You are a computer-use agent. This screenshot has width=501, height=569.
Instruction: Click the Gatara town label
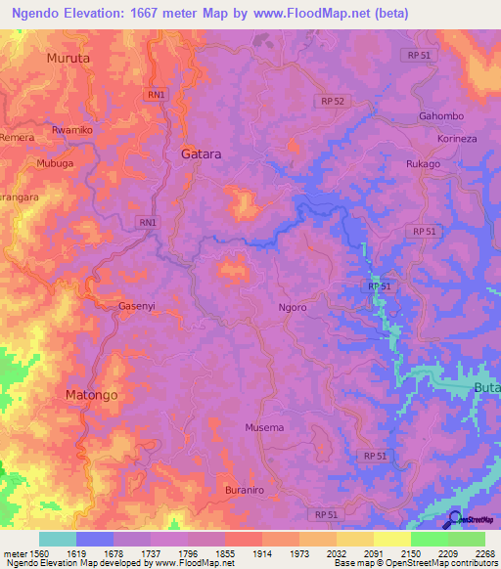[x=202, y=154]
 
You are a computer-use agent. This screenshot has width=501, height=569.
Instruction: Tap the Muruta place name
[x=68, y=59]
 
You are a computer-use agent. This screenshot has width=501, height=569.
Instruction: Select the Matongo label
[x=91, y=395]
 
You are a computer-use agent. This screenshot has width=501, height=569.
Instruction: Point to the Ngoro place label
[x=292, y=307]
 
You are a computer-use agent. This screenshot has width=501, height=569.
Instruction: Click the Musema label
[x=263, y=428]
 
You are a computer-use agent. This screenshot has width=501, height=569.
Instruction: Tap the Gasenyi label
[x=137, y=306]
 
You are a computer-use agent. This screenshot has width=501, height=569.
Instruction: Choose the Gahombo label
[x=440, y=116]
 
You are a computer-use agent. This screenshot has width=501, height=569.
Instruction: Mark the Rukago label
[x=423, y=164]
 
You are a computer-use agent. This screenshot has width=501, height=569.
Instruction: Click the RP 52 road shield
[x=333, y=102]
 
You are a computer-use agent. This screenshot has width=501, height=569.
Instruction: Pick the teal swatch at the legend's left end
[x=57, y=539]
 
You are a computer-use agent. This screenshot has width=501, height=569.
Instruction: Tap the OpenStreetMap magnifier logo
[x=455, y=520]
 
